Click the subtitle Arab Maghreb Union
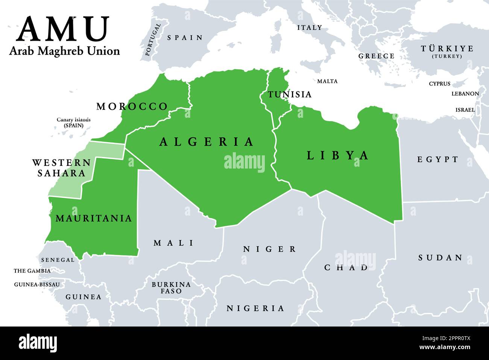tap(64, 51)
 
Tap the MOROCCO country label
tap(132, 106)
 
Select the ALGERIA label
tap(207, 142)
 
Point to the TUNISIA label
tap(290, 94)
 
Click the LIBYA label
tap(338, 155)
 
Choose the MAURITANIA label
tap(94, 218)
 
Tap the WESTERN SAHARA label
tap(61, 168)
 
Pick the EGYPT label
tap(438, 159)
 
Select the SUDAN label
tap(440, 258)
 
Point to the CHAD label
tap(346, 267)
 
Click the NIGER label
tap(270, 249)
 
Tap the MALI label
tap(174, 243)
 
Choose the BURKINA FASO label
tap(171, 288)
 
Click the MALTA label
tap(327, 81)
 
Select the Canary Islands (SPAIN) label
tap(74, 123)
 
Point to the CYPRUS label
tap(439, 84)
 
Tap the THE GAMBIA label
tap(32, 271)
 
